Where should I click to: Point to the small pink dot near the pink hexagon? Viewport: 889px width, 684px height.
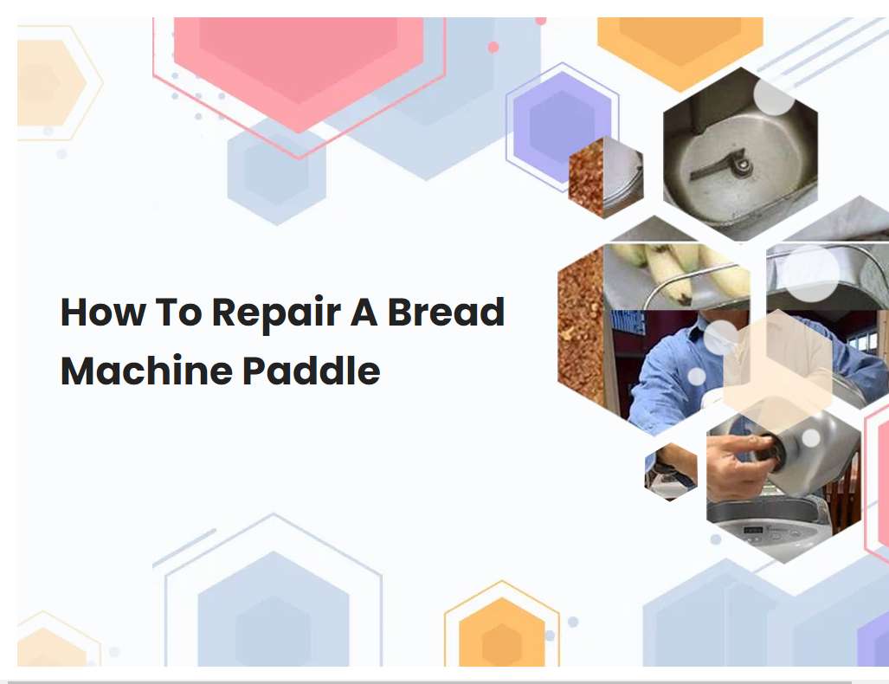click(493, 47)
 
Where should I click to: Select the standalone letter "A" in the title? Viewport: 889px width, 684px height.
click(364, 313)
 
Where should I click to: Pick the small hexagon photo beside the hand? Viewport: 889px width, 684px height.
click(671, 471)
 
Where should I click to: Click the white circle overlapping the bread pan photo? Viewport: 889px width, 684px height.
click(773, 96)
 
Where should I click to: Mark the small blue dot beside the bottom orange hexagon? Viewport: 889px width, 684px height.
click(573, 622)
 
